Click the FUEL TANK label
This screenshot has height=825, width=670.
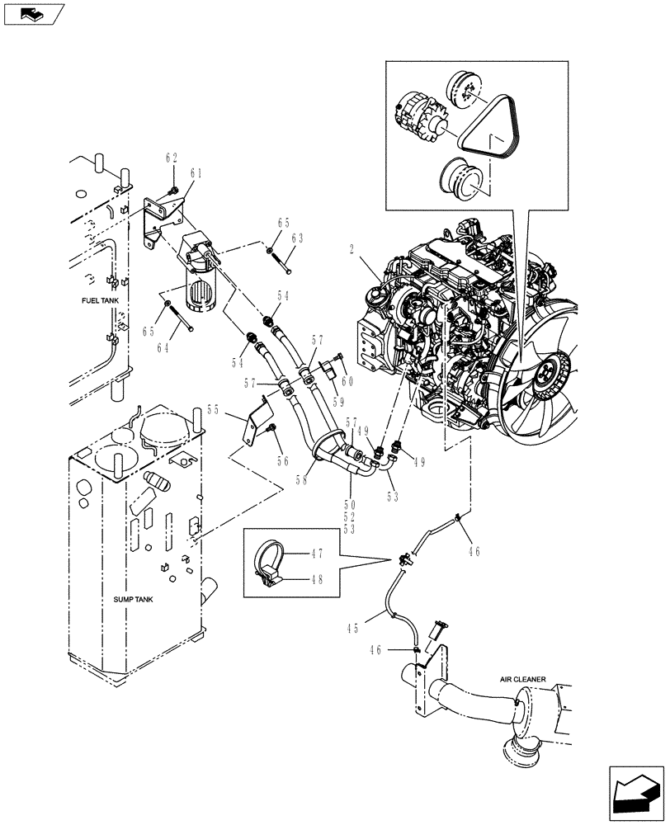point(100,301)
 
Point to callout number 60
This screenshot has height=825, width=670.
point(347,380)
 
